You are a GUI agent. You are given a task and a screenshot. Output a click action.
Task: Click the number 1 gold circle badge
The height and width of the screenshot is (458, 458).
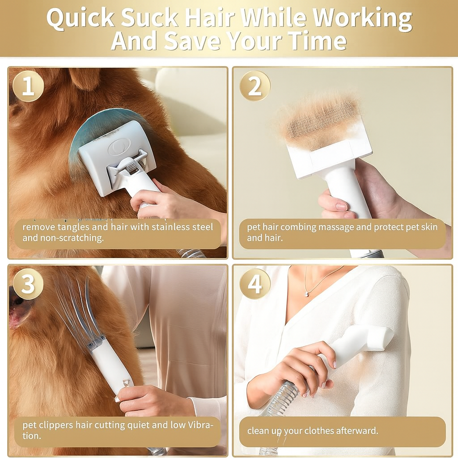pyautogui.click(x=28, y=86)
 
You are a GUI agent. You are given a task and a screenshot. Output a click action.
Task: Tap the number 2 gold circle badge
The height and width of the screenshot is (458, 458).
pyautogui.click(x=255, y=86)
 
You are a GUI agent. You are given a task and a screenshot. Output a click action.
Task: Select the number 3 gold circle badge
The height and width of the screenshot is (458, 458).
pyautogui.click(x=28, y=284)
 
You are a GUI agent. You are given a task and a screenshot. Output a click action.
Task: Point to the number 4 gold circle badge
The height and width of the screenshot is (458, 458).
pyautogui.click(x=255, y=284)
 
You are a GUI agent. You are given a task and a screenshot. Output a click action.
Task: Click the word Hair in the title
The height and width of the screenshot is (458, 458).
pyautogui.click(x=211, y=19)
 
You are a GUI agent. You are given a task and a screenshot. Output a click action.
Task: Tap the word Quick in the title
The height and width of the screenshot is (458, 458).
pyautogui.click(x=80, y=19)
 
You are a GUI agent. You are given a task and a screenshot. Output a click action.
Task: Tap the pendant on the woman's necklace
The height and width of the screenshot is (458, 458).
pyautogui.click(x=307, y=294)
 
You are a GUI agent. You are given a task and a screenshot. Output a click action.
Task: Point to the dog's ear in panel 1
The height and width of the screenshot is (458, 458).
pyautogui.click(x=85, y=78)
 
